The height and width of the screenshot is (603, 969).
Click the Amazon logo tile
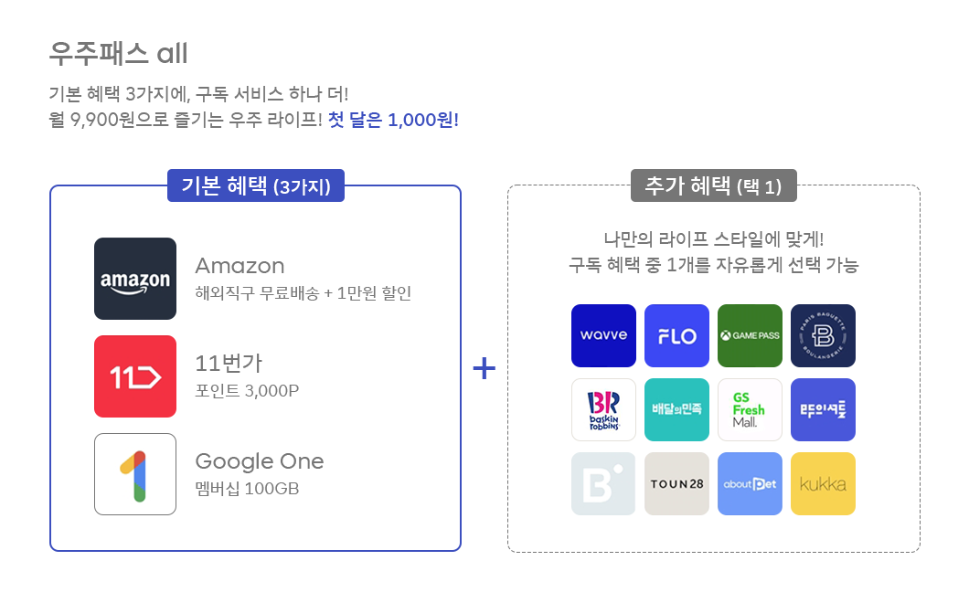[135, 279]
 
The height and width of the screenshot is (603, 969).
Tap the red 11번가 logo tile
[135, 376]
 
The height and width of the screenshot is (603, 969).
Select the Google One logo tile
[135, 474]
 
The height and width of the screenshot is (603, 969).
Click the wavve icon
[603, 335]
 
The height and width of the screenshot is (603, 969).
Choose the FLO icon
[676, 335]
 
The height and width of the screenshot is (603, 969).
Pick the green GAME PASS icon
[750, 335]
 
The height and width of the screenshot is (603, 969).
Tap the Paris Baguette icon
[823, 335]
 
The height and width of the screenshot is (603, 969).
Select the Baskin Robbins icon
[603, 409]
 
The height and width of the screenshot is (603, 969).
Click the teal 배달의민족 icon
[676, 409]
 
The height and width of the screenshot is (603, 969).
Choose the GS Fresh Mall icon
[750, 409]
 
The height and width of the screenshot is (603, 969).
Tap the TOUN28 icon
[676, 483]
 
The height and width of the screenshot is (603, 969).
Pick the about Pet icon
[750, 483]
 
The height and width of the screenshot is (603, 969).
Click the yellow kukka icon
[823, 483]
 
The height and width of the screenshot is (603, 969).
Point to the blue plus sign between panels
[484, 368]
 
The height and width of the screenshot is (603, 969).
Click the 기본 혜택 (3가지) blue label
[256, 186]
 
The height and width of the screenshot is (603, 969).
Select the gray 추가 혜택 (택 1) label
[714, 186]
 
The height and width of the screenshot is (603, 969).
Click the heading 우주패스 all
[118, 54]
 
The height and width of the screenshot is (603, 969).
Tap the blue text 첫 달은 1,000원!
[393, 120]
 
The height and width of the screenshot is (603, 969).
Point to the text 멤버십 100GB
[247, 489]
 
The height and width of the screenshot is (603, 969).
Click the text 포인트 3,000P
[247, 391]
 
